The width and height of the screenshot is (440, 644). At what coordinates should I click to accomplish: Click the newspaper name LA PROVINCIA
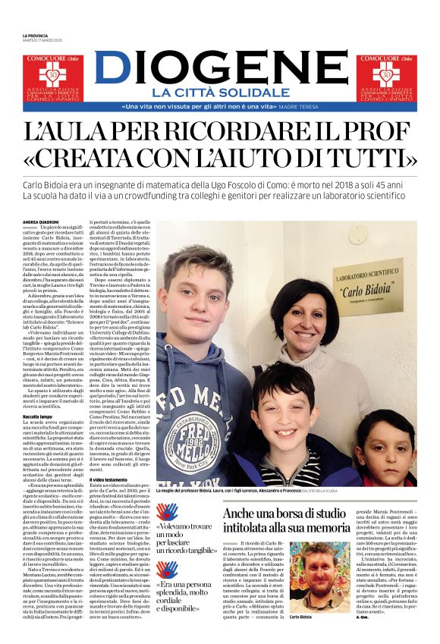pyautogui.click(x=35, y=36)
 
